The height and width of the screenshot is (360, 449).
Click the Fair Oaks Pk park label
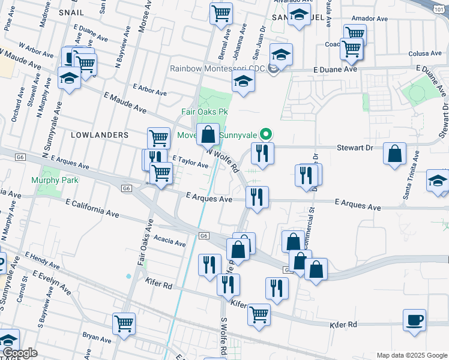pyautogui.click(x=205, y=112)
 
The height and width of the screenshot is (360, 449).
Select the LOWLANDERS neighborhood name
pyautogui.click(x=100, y=135)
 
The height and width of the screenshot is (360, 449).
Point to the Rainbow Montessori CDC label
pyautogui.click(x=217, y=68)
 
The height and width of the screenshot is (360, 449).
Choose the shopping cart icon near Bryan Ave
pyautogui.click(x=124, y=324)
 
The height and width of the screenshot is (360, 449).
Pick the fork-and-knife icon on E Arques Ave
pyautogui.click(x=257, y=196)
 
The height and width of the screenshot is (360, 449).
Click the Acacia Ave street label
pyautogui.click(x=170, y=242)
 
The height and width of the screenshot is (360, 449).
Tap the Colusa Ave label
pyautogui.click(x=408, y=53)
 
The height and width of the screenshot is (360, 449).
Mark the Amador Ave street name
pyautogui.click(x=370, y=19)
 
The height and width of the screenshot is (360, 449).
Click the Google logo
pyautogui.click(x=20, y=353)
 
